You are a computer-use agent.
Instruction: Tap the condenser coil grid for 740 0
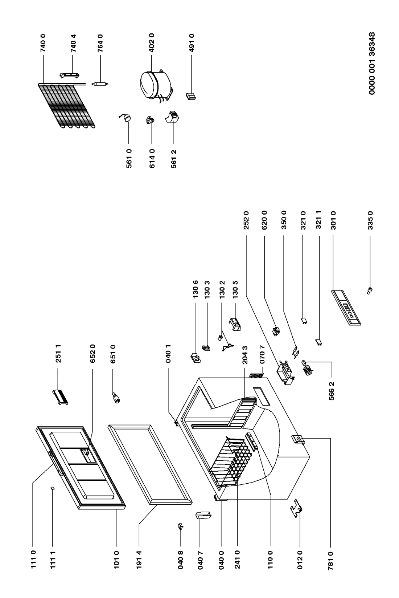[66, 106]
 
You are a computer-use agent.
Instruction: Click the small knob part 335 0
[369, 290]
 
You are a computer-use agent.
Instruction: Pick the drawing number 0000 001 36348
[372, 63]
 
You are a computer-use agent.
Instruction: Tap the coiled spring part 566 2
[308, 368]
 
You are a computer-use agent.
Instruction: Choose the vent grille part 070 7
[256, 376]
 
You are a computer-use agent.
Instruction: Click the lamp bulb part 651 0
[116, 398]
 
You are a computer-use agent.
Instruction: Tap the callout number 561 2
[174, 159]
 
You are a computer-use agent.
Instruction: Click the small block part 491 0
[191, 96]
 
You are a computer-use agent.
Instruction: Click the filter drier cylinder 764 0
[100, 84]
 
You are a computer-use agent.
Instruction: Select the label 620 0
[264, 220]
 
